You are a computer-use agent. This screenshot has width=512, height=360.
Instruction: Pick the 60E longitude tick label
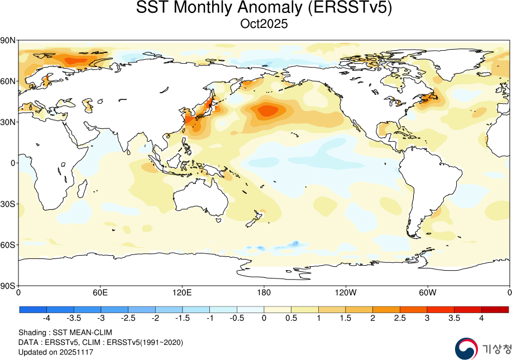(x=101, y=292)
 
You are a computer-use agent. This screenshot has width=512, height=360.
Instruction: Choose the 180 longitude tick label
(x=264, y=292)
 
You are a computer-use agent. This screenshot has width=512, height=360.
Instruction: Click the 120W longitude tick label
(x=346, y=292)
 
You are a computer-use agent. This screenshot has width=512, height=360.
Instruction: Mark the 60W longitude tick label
(x=427, y=292)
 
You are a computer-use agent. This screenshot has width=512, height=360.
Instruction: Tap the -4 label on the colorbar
(x=46, y=318)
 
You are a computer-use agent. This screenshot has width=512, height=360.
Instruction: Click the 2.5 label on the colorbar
(x=400, y=318)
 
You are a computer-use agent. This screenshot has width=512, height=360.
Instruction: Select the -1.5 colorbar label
(x=182, y=318)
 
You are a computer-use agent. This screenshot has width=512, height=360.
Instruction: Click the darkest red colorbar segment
(x=495, y=309)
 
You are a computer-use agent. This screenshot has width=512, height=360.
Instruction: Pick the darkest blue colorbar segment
(x=32, y=309)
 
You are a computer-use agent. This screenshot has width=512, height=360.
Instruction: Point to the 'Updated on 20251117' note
(x=56, y=352)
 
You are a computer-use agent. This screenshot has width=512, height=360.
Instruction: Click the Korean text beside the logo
(x=496, y=350)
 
